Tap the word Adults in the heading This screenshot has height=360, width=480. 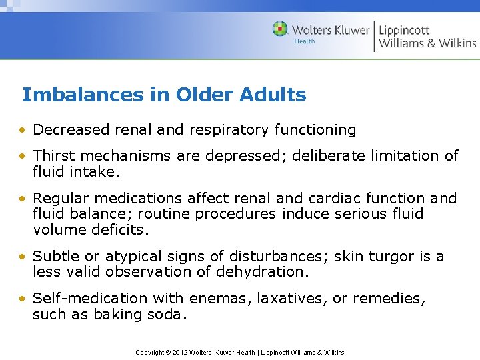pos(274,95)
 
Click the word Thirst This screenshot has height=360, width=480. pos(54,155)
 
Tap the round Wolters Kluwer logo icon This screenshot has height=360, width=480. pos(280,29)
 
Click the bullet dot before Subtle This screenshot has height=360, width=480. pos(23,257)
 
